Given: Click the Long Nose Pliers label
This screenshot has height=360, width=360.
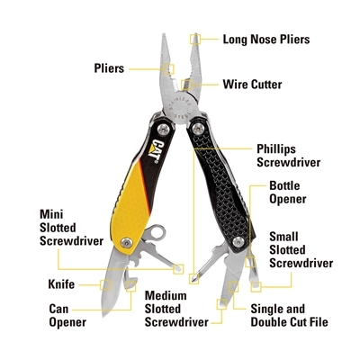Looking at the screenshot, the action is click(266, 40).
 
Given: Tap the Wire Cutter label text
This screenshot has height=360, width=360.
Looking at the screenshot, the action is click(252, 85).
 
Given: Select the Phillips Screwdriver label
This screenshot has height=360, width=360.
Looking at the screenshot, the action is click(289, 156).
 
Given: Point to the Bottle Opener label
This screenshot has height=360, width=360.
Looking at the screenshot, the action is click(288, 193).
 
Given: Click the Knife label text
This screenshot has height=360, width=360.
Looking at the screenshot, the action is click(61, 284).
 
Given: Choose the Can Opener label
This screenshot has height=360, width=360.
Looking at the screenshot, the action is click(67, 315).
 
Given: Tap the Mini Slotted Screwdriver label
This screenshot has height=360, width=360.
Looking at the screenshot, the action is click(71, 228).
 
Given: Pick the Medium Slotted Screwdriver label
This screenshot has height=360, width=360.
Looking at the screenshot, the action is click(176, 309).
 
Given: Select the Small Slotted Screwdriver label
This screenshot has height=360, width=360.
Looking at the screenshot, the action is click(301, 249).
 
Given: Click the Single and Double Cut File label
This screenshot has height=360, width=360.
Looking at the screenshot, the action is click(289, 315).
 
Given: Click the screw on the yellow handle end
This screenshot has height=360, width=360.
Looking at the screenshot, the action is click(127, 242).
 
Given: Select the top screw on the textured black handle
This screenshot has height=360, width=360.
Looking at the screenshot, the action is click(198, 129).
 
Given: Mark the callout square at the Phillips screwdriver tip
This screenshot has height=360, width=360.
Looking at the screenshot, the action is click(194, 279).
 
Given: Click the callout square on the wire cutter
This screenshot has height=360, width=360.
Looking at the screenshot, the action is click(185, 85).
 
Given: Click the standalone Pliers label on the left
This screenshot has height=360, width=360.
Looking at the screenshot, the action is click(109, 68).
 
